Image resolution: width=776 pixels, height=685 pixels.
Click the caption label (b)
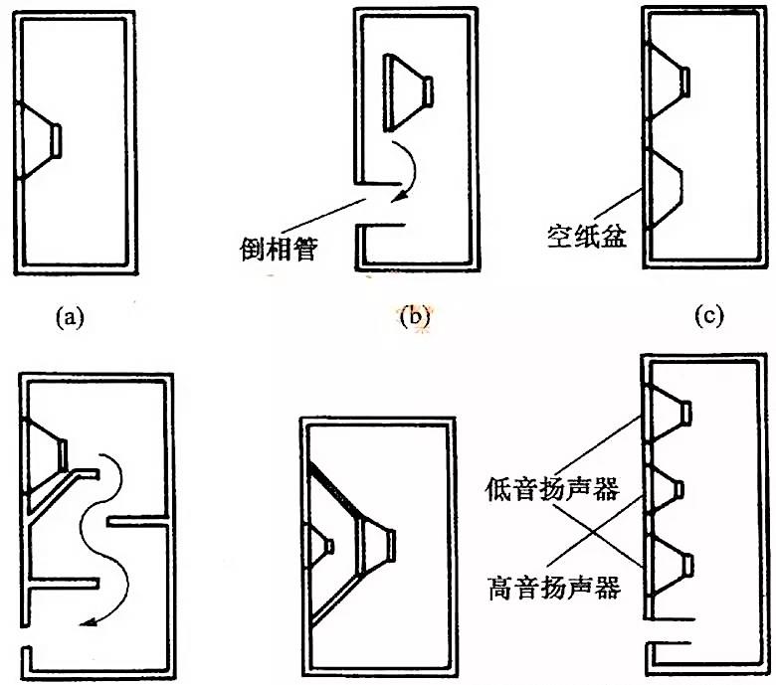pos(413,317)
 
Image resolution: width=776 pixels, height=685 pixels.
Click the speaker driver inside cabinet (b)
pos(408,92)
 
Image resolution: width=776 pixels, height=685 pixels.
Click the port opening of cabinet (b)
pos(359,207)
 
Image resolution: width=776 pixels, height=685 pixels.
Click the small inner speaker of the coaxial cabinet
pos(323,545)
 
